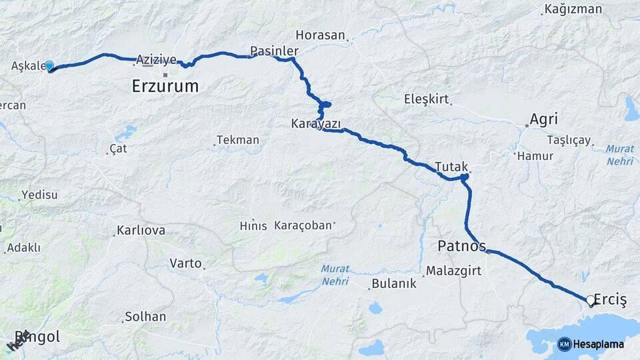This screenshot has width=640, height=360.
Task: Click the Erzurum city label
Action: coord(165,86)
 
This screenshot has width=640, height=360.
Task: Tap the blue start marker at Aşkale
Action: coord(49,66)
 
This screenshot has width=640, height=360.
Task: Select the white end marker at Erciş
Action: coord(590,301)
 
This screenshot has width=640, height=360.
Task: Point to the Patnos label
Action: coord(461,245)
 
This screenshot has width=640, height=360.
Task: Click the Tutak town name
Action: coord(452,166)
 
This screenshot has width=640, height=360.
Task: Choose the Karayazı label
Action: coord(316,124)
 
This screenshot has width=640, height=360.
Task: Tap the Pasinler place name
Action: coord(274,51)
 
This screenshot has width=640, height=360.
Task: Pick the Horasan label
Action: coord(321,35)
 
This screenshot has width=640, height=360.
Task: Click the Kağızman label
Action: coord(573,9)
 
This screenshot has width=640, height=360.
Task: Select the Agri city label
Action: coord(543,119)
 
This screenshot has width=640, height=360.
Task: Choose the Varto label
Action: coord(185,263)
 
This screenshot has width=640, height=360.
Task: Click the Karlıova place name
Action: coord(141,231)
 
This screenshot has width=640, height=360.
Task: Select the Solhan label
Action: coord(145,316)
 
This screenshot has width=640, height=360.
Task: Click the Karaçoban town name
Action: coord(303,225)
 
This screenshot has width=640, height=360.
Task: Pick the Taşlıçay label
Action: coord(569,140)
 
